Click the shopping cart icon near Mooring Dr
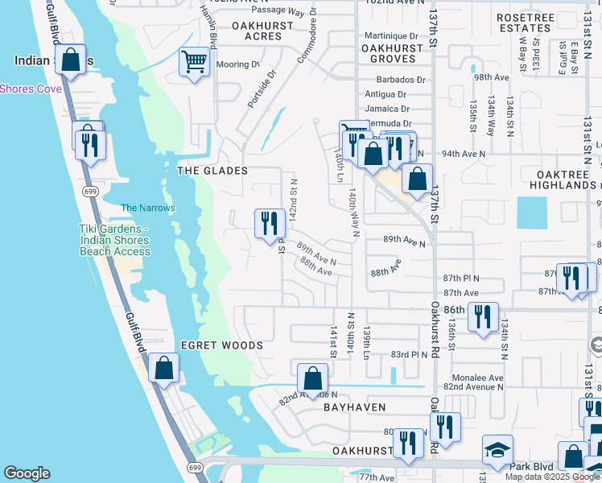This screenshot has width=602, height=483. [194, 61]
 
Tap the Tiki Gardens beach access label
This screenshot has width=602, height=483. [114, 240]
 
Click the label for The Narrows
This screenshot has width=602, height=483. [147, 208]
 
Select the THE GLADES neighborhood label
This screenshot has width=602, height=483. [212, 171]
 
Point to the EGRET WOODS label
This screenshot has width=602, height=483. [221, 345]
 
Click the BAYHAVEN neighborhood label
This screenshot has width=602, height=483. [355, 408]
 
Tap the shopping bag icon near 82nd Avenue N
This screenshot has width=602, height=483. [312, 378]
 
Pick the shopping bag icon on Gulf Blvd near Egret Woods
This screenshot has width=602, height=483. [164, 369]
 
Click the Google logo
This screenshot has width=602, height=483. [27, 473]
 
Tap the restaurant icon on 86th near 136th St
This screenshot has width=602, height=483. [483, 316]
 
